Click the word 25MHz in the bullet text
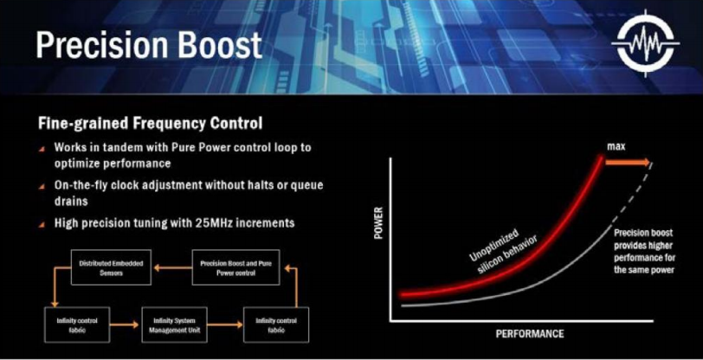tap(219, 223)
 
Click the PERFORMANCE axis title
tap(529, 334)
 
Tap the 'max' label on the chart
tap(616, 147)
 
